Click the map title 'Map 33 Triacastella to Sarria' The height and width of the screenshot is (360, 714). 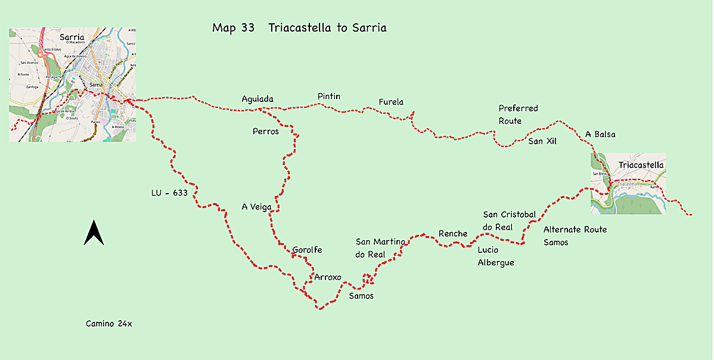299,28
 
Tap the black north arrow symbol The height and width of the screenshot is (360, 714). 94,233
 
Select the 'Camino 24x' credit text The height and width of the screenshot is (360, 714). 108,324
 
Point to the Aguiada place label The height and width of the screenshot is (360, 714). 258,99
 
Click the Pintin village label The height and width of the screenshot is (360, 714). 330,96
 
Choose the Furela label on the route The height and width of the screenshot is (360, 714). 391,102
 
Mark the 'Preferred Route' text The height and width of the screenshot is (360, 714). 518,114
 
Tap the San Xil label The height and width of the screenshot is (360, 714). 542,141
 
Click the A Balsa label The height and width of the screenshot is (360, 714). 600,134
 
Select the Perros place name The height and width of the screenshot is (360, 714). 266,131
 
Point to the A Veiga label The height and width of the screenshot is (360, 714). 256,207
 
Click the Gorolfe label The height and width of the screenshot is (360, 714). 307,250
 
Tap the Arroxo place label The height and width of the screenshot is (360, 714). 328,277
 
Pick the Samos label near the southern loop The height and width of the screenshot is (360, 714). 361,296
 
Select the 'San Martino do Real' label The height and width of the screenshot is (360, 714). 380,247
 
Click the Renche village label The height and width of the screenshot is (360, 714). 453,233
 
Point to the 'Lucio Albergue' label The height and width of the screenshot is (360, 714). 495,256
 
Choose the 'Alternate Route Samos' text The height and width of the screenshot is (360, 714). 575,235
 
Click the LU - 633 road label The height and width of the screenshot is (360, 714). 170,193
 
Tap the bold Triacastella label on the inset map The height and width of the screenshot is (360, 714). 641,165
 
